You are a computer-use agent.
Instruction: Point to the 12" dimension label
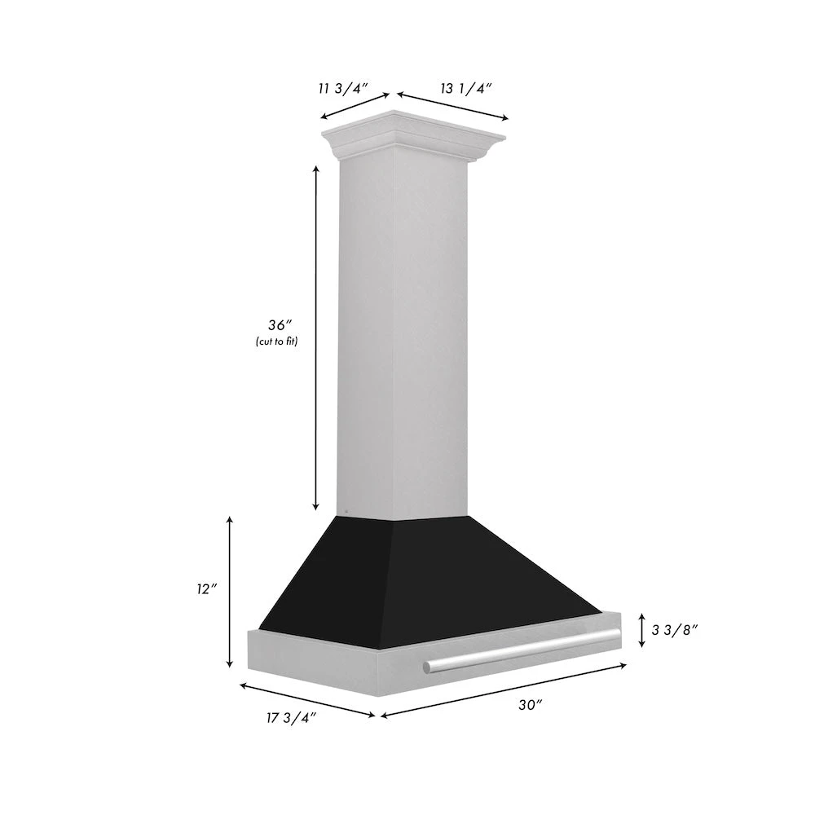click(207, 588)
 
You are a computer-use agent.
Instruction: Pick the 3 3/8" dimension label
click(676, 629)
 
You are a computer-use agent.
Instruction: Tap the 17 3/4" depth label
click(290, 716)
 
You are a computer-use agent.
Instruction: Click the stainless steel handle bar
click(522, 651)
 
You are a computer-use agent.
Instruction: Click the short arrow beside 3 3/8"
click(642, 629)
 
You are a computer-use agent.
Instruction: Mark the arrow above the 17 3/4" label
click(306, 700)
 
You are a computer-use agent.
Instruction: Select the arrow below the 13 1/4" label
click(453, 106)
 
